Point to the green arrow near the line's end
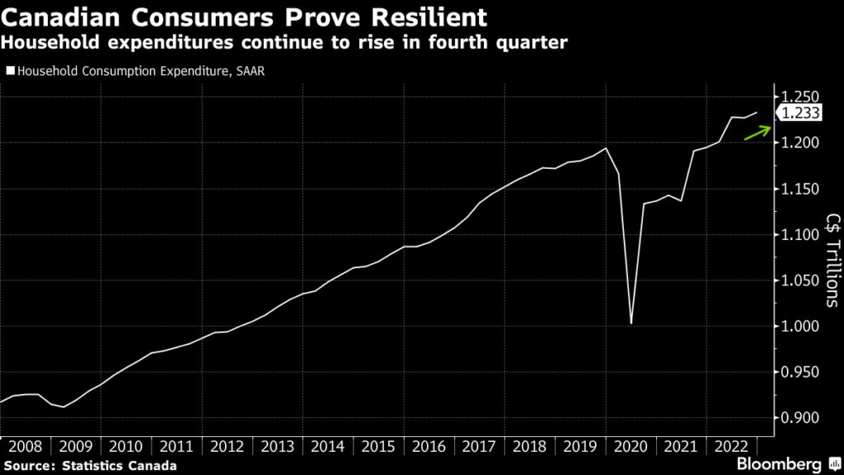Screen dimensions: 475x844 tap(757, 133)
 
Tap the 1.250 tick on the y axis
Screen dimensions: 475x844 tap(799, 97)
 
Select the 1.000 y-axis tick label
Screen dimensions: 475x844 tap(799, 327)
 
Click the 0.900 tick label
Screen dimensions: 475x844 tap(799, 418)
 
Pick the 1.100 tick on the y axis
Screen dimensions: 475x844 tap(799, 235)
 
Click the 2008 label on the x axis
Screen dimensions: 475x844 tap(25, 446)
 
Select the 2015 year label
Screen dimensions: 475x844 tap(377, 446)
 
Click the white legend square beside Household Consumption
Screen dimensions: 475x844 tap(10, 71)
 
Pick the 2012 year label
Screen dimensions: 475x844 tap(227, 446)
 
